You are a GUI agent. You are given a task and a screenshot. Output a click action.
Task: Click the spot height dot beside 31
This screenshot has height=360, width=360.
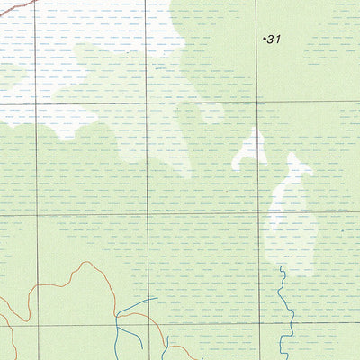click(264, 39)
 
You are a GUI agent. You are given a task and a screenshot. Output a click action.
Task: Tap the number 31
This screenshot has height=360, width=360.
click(274, 39)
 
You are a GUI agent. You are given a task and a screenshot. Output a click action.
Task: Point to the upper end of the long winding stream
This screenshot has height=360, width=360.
click(281, 267)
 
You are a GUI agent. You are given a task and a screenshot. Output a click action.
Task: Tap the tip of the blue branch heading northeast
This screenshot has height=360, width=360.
click(157, 298)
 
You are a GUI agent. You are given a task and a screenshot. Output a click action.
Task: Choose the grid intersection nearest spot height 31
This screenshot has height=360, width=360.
click(257, 101)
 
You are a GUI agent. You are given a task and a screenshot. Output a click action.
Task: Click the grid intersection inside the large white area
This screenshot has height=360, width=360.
click(37, 101)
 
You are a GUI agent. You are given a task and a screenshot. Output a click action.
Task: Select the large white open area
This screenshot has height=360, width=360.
click(81, 63)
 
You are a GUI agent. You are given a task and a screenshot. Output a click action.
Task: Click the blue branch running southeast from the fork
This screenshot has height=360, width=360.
click(135, 337)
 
